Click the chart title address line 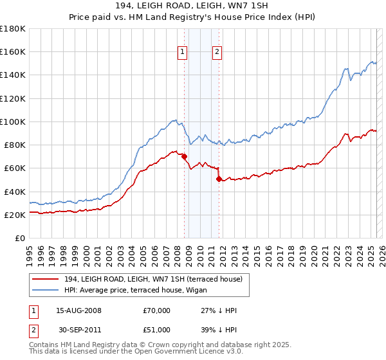[x=192, y=6]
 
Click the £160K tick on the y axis [x=13, y=51]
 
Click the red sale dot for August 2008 [x=184, y=156]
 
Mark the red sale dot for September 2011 [x=219, y=179]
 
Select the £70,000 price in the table [x=157, y=310]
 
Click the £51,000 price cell [x=157, y=329]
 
